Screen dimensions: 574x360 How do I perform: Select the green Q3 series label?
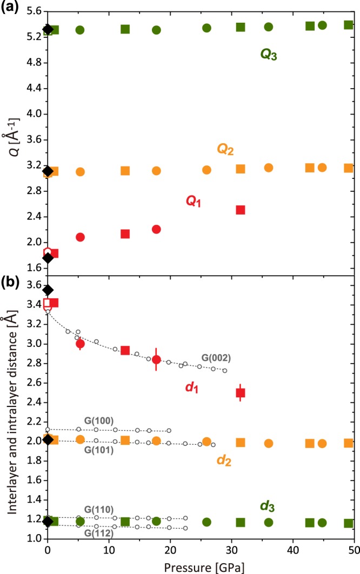coord(268,55)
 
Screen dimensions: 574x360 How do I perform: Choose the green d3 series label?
coord(268,506)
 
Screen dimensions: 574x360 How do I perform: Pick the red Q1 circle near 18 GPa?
coord(156,229)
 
